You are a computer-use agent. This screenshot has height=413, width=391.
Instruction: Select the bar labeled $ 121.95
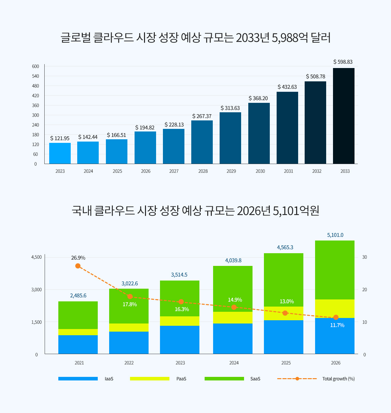click(x=60, y=153)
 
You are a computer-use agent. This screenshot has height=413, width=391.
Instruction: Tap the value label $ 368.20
click(x=258, y=98)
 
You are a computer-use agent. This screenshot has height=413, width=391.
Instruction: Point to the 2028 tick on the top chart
click(x=203, y=171)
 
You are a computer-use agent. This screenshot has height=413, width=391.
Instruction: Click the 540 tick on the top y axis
click(x=36, y=76)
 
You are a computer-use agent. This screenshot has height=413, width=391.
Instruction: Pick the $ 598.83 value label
click(x=343, y=62)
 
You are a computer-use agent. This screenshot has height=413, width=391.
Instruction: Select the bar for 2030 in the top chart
click(x=259, y=133)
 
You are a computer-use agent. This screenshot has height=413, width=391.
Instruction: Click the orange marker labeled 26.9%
click(x=78, y=266)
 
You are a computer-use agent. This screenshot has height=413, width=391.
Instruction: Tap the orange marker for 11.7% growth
click(x=336, y=317)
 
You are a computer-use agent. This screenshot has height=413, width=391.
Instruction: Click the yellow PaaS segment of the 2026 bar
click(x=335, y=309)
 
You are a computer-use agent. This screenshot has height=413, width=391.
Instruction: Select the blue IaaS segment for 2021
click(x=78, y=344)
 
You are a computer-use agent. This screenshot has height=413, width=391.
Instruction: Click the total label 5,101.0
click(x=335, y=235)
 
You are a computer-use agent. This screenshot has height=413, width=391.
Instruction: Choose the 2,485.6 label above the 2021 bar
click(x=78, y=296)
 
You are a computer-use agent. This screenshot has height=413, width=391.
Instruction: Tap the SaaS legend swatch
click(x=224, y=379)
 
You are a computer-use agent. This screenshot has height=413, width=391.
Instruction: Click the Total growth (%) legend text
click(x=338, y=379)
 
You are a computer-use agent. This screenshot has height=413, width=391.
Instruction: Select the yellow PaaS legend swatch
click(x=150, y=379)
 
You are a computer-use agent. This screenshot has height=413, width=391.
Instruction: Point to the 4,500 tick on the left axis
click(x=36, y=257)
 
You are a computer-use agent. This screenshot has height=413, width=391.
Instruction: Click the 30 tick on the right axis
click(x=365, y=257)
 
